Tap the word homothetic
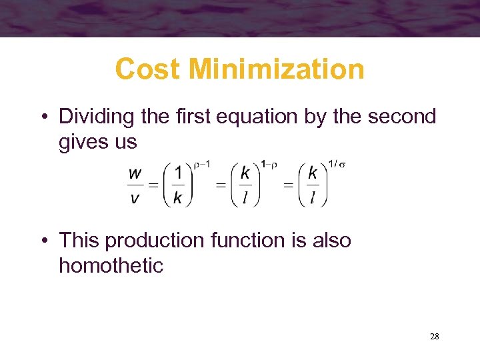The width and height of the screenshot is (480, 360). tap(111, 265)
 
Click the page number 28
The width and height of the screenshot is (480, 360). tap(434, 337)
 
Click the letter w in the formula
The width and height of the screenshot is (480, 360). tap(135, 173)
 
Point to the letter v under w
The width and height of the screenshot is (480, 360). tap(135, 198)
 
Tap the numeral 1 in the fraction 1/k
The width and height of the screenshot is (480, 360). tap(177, 173)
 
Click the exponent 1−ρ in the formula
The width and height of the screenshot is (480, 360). tap(269, 162)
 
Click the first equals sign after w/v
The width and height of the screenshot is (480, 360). tap(153, 185)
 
